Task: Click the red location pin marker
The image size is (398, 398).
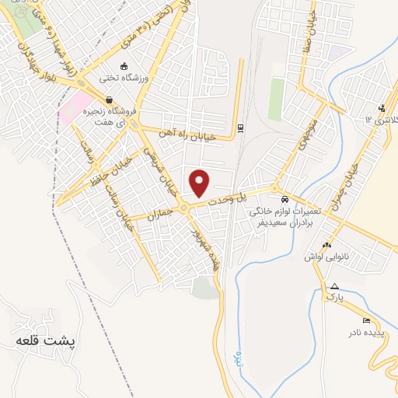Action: point(201,183)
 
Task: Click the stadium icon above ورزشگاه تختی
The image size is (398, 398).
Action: point(124,67)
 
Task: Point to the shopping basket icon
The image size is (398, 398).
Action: point(110,100)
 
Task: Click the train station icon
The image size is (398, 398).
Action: point(241,127)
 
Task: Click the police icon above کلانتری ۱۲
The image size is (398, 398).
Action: point(381,108)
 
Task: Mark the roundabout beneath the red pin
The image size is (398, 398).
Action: point(184,207)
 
